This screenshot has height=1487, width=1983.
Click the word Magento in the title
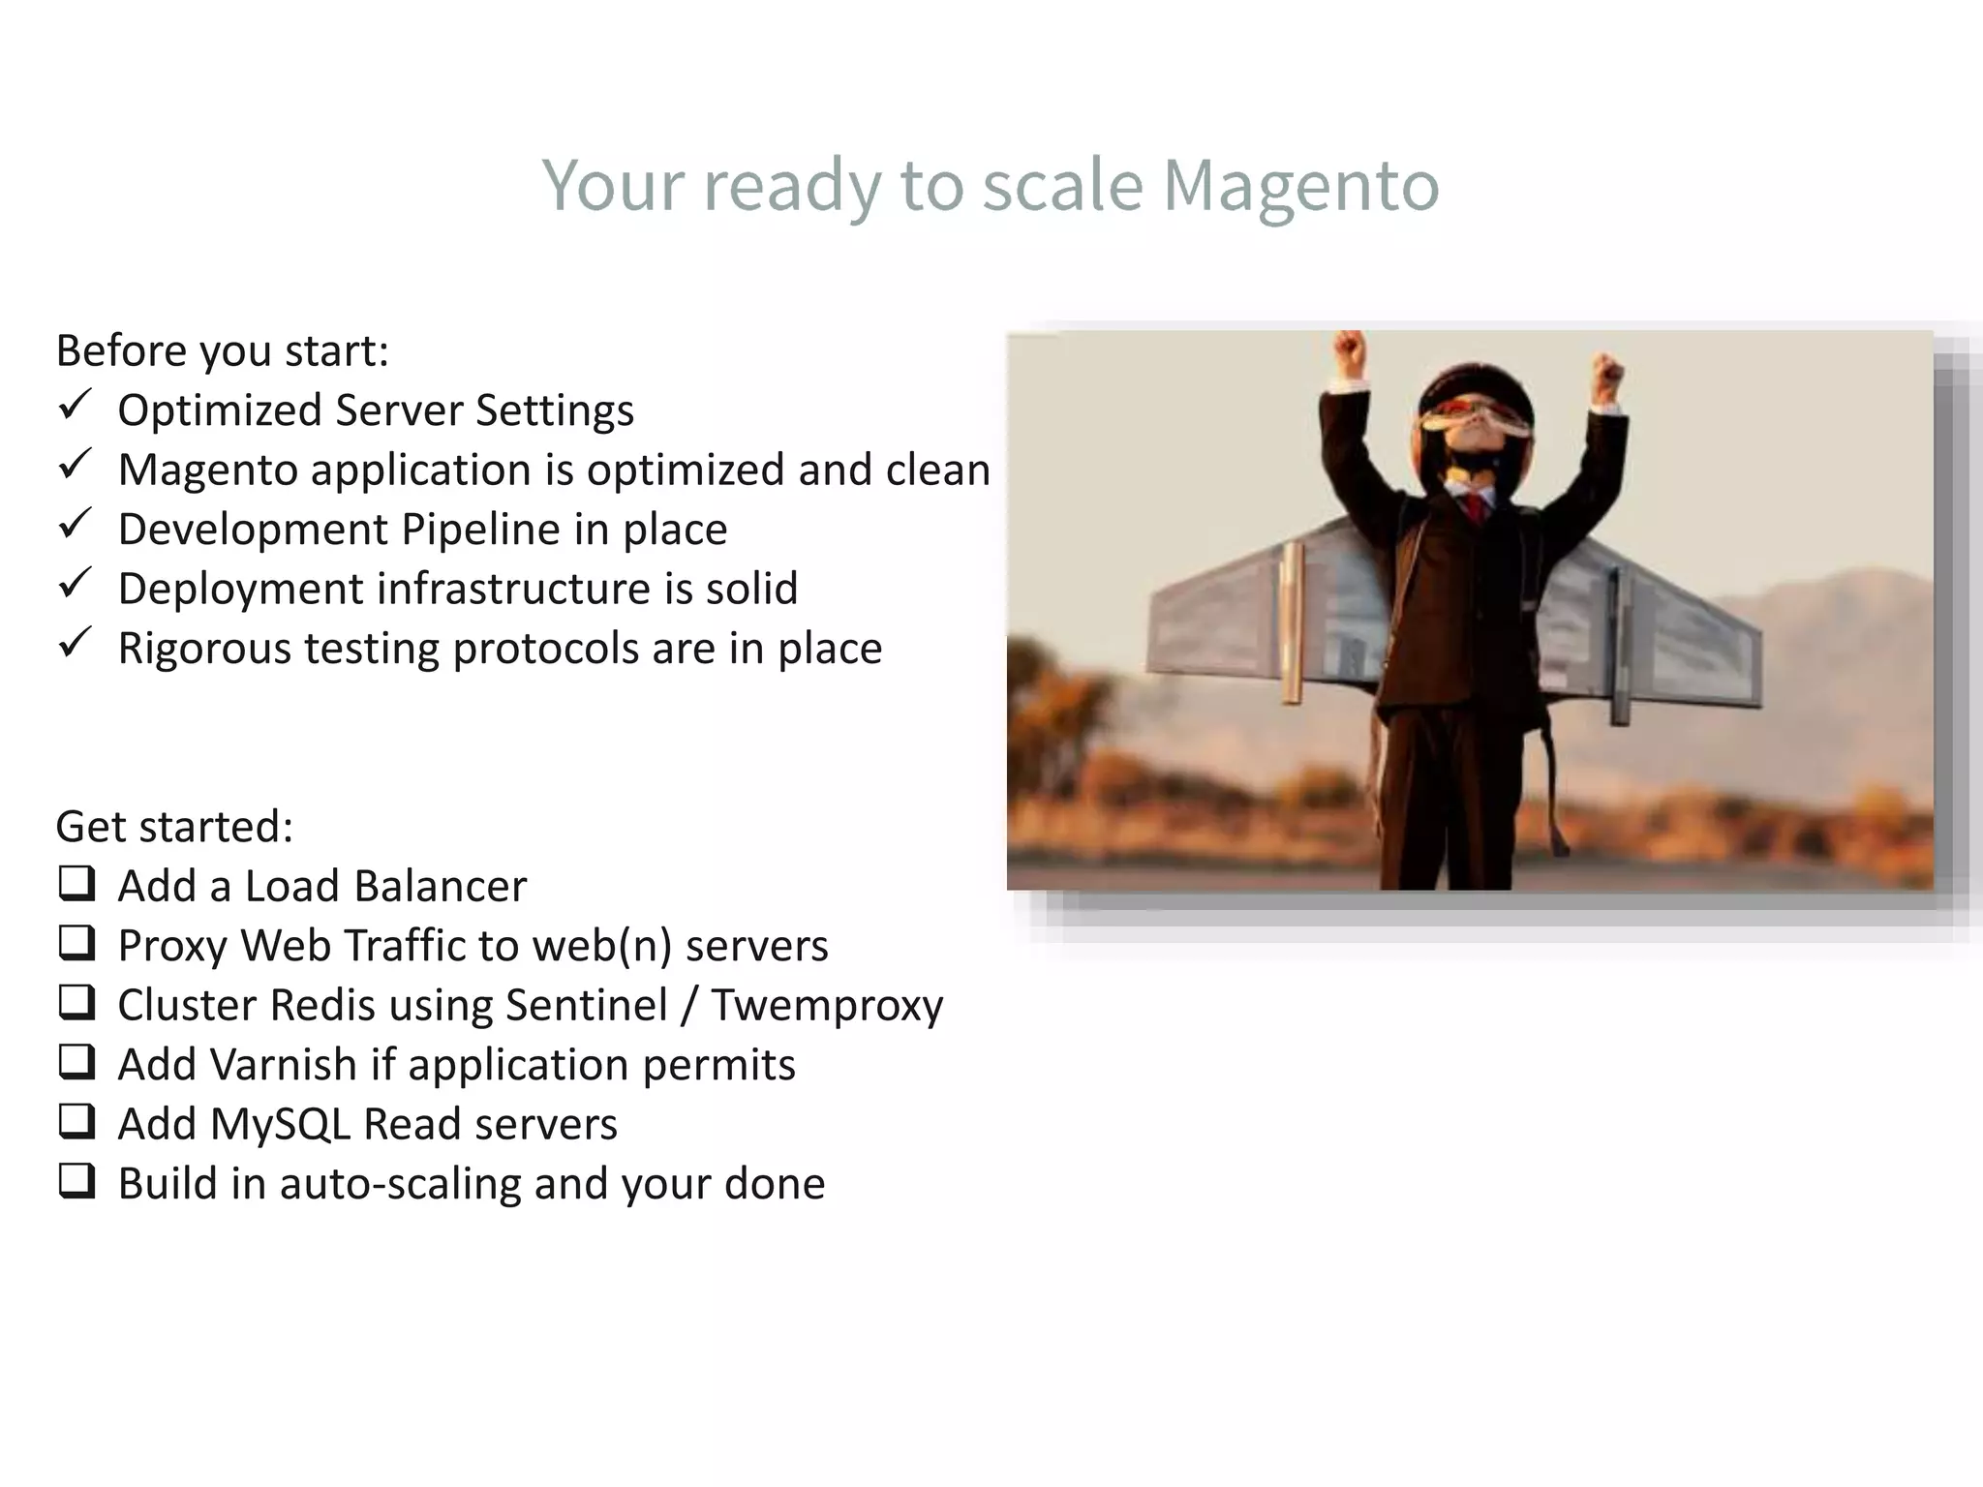(1300, 185)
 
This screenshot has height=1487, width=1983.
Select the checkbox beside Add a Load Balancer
(76, 883)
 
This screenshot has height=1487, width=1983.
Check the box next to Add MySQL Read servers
(76, 1121)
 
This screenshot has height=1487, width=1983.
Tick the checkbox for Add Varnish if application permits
(76, 1061)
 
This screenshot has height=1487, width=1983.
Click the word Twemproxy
(827, 1005)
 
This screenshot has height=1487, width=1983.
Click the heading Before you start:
(222, 350)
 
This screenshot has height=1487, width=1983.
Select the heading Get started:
(174, 827)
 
